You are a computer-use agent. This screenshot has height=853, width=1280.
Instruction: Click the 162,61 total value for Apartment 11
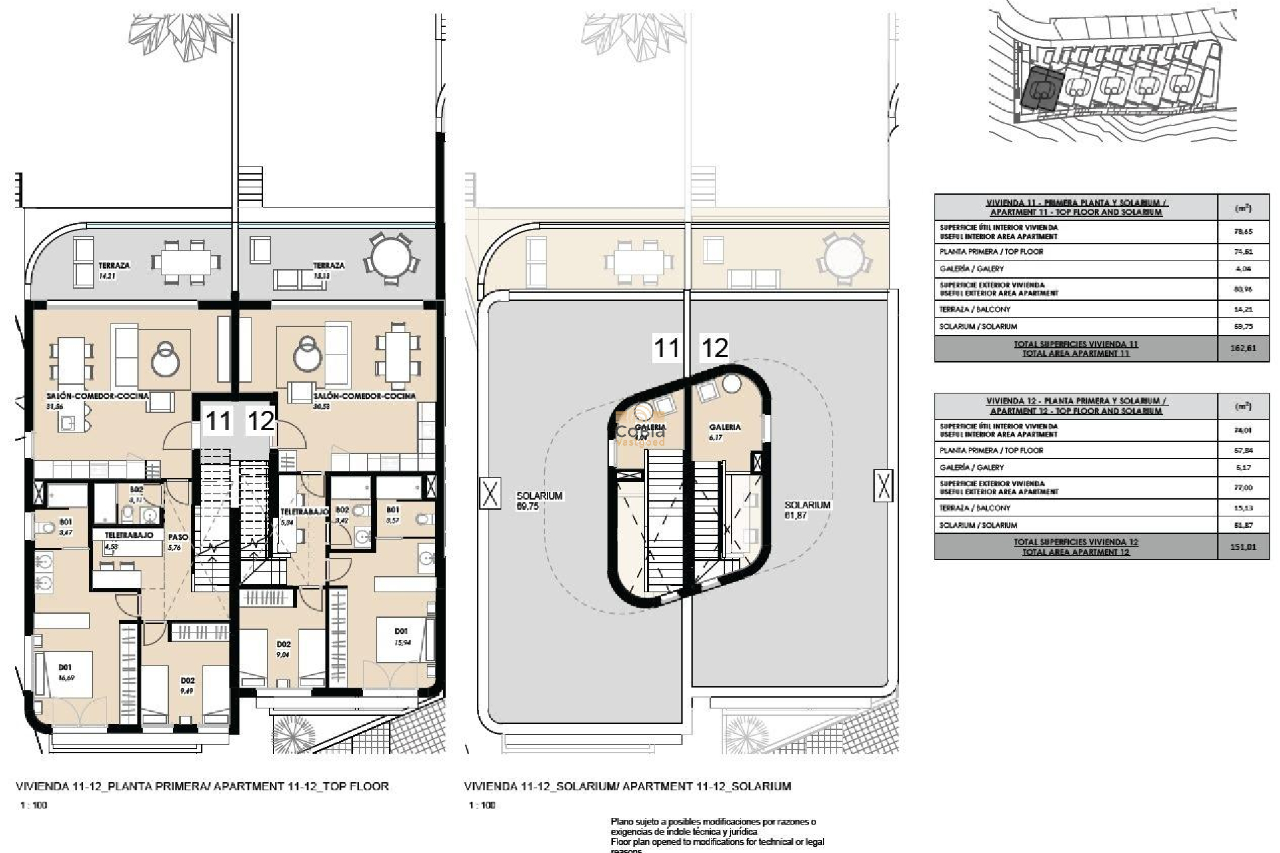point(1242,349)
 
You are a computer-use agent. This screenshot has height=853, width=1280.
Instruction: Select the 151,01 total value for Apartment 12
point(1242,547)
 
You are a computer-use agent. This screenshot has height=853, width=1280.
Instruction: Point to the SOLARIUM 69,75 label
point(539,501)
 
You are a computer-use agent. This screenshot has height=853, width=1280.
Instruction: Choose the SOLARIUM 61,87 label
point(807,510)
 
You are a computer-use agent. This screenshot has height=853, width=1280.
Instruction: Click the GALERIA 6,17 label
point(724,432)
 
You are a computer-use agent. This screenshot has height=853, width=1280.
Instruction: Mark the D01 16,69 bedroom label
point(65,672)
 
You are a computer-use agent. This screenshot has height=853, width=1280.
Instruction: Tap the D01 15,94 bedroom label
point(401,636)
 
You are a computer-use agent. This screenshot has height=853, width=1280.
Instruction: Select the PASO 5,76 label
point(177,542)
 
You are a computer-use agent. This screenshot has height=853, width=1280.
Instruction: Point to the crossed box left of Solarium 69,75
point(490,494)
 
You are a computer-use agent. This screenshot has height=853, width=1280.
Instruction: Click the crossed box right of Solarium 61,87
point(883,485)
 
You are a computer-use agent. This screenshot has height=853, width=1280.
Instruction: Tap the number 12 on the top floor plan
point(261,421)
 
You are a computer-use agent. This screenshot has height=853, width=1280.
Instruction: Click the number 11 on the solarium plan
point(666,348)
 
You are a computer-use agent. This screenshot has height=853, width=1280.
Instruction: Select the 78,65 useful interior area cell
point(1242,232)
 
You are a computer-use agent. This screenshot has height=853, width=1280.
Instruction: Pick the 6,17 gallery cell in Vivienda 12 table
point(1242,468)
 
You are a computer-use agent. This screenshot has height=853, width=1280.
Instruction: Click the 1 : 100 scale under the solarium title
point(482,805)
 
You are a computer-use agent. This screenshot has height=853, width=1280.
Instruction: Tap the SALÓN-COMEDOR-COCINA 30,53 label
point(364,400)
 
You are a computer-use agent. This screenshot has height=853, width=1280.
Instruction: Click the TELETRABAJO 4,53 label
point(128,540)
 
